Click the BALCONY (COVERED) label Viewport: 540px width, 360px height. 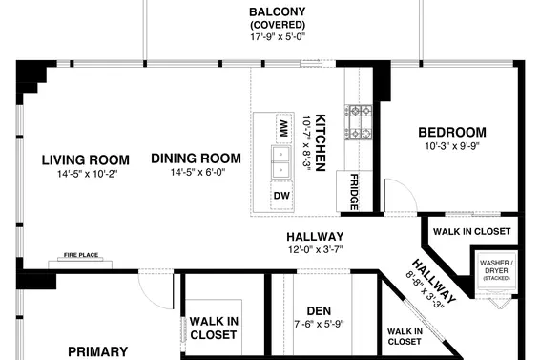[x=277, y=18]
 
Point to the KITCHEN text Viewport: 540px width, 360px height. [x=322, y=143]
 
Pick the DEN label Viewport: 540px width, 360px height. [x=318, y=309]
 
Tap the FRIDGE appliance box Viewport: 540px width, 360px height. [x=354, y=190]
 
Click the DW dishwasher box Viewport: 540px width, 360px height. [x=281, y=196]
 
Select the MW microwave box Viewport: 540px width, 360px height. [x=283, y=126]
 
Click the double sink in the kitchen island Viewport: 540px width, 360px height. [x=282, y=162]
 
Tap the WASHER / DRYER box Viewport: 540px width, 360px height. [x=497, y=268]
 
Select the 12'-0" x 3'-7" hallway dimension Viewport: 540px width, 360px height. [x=315, y=249]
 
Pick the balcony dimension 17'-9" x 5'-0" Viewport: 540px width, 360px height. [x=277, y=36]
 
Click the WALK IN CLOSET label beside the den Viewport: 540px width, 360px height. [x=213, y=328]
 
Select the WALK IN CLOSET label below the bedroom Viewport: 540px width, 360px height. [x=472, y=231]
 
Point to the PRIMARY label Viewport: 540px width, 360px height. [x=97, y=351]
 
